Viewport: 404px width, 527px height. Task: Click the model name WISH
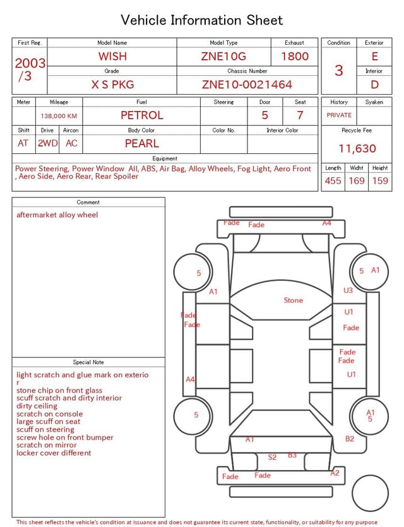click(112, 56)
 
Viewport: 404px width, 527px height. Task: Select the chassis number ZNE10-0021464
click(247, 85)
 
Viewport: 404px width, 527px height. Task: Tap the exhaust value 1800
click(295, 56)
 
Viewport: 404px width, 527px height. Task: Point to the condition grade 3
click(339, 70)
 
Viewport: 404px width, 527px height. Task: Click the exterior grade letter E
click(375, 56)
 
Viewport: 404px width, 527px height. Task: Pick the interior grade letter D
click(374, 85)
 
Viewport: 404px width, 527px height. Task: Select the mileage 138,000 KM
click(59, 116)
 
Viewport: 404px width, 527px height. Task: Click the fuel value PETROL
click(142, 115)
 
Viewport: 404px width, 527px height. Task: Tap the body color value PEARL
click(142, 143)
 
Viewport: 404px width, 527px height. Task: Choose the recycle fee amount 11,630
click(357, 148)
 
